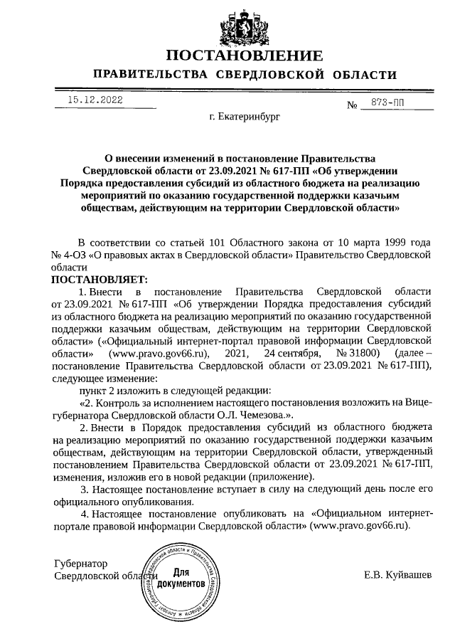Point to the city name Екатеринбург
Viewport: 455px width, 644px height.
(245, 116)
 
